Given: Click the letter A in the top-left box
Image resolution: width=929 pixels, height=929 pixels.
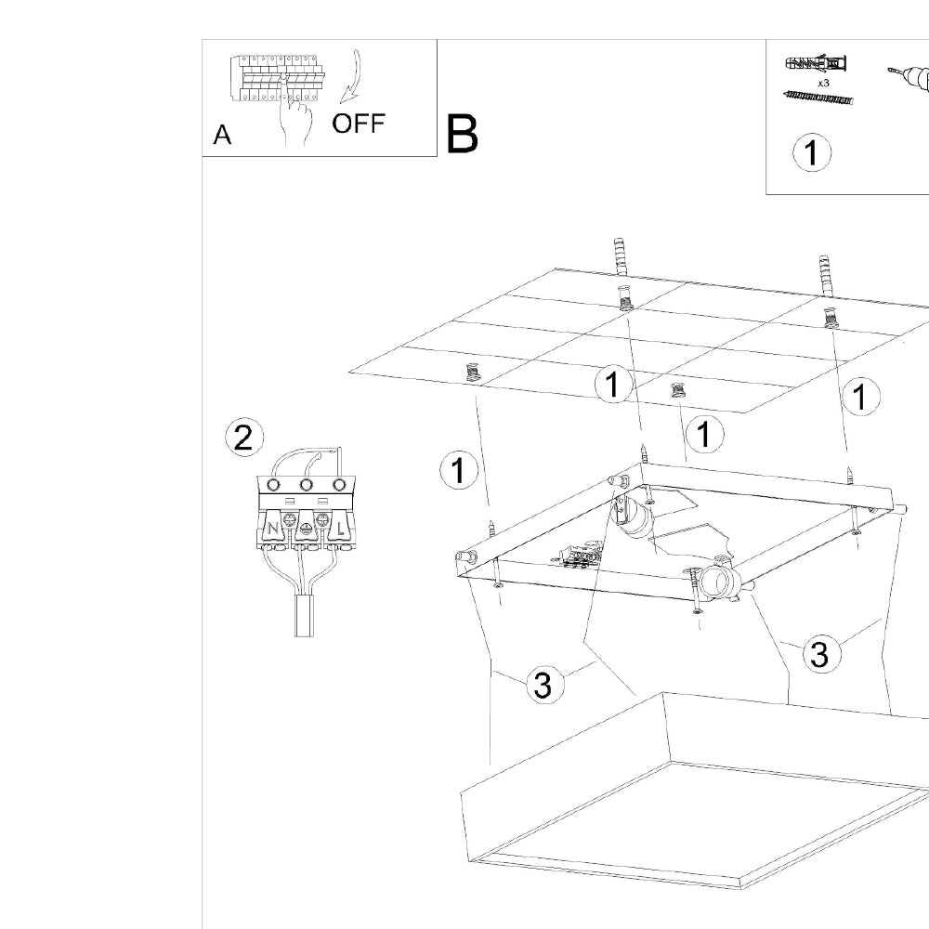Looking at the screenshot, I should point(222,136).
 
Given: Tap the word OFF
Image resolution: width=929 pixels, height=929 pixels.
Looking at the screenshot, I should point(358,124).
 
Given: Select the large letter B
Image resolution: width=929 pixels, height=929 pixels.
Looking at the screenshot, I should point(463,134).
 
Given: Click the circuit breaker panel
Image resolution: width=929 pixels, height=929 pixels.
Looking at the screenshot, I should point(278,77).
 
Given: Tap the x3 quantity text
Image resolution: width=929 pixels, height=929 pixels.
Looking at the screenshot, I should point(823,83).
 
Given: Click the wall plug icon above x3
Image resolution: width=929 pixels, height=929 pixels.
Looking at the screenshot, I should point(817,65).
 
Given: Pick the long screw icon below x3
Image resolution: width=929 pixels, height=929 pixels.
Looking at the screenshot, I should point(818,98).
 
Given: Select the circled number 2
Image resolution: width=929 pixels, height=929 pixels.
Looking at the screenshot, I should point(243,438).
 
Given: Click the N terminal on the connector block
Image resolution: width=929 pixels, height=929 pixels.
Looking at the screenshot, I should point(273,530).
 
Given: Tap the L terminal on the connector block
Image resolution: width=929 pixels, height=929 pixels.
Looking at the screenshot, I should point(340,530).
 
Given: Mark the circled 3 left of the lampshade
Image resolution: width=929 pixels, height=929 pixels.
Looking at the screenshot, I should point(543,686).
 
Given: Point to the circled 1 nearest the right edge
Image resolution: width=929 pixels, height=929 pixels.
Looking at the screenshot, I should point(860,397).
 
